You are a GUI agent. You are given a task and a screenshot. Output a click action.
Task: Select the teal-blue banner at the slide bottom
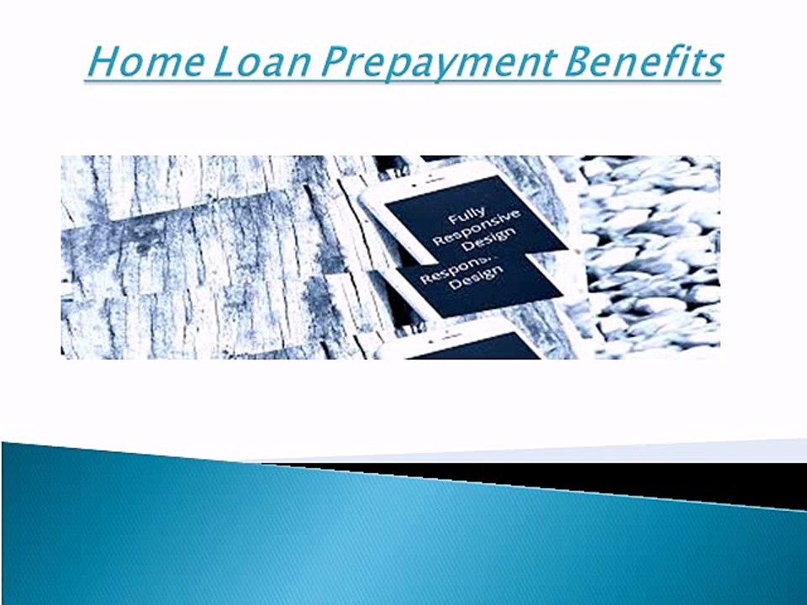tap(336, 538)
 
